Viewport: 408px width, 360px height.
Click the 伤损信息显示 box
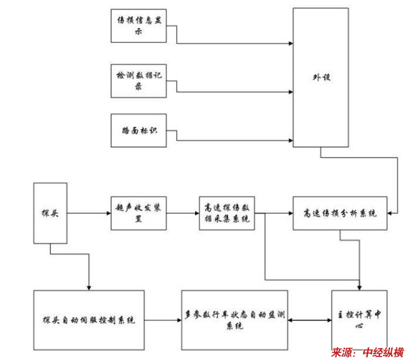138,25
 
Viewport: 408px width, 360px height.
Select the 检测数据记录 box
138,80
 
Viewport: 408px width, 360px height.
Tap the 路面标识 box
138,130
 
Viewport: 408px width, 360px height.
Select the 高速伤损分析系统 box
339,214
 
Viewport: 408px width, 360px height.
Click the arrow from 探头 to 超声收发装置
87,214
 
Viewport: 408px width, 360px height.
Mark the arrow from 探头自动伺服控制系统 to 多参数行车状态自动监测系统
161,320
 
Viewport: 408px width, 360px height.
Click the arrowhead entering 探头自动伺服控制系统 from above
89,287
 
